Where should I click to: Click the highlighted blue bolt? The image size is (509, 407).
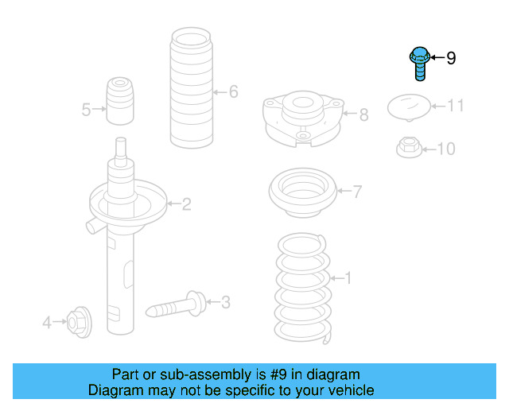click(420, 64)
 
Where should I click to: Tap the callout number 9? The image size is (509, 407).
click(451, 58)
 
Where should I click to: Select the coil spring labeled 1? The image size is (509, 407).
click(302, 289)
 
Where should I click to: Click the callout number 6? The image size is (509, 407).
click(233, 91)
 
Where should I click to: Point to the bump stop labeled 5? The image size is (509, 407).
click(120, 101)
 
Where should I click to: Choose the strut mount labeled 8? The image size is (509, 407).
click(303, 118)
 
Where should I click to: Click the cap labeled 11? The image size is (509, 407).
click(409, 107)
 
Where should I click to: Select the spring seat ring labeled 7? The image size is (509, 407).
click(303, 192)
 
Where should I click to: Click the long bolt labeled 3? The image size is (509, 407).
click(176, 304)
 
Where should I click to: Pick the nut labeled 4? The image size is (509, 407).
click(80, 321)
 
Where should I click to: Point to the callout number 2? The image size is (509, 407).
click(186, 204)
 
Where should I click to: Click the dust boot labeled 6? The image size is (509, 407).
click(191, 87)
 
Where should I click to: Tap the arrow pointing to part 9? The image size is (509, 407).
click(437, 58)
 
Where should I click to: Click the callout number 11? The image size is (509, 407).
click(456, 106)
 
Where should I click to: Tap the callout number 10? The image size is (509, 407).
click(446, 149)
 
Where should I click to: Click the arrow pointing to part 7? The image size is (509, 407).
click(345, 191)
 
